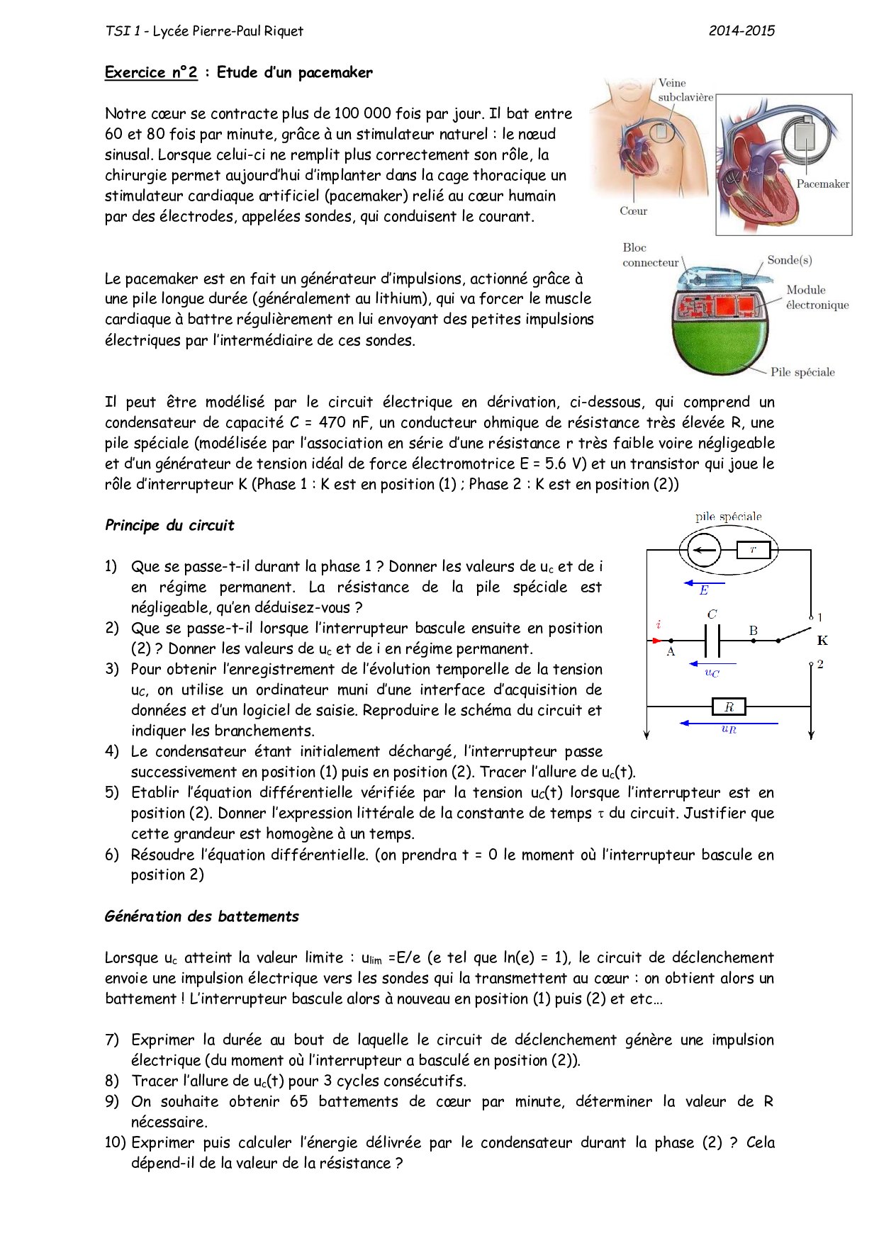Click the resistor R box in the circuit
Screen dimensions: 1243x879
pyautogui.click(x=728, y=707)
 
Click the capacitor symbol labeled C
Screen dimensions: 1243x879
pyautogui.click(x=712, y=641)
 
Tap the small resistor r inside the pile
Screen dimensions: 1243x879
pyautogui.click(x=753, y=549)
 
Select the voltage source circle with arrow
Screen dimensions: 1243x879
pyautogui.click(x=700, y=549)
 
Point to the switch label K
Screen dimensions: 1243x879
pyautogui.click(x=822, y=641)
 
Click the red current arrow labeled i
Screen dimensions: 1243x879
pyautogui.click(x=656, y=640)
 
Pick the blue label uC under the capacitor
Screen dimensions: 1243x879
pyautogui.click(x=712, y=673)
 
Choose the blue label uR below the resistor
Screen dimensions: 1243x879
pyautogui.click(x=729, y=729)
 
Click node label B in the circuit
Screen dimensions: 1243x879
pyautogui.click(x=754, y=630)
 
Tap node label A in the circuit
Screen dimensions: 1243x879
pyautogui.click(x=671, y=652)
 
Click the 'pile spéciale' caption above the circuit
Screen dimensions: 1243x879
pyautogui.click(x=728, y=517)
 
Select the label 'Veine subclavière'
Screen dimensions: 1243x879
pyautogui.click(x=684, y=90)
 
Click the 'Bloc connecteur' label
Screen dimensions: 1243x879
pyautogui.click(x=650, y=255)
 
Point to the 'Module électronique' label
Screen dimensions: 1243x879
pyautogui.click(x=817, y=298)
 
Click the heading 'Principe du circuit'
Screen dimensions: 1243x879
pyautogui.click(x=169, y=525)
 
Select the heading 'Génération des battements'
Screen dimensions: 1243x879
pyautogui.click(x=202, y=916)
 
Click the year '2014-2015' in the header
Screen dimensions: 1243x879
pyautogui.click(x=741, y=30)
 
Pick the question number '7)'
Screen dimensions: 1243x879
pyautogui.click(x=112, y=1040)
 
